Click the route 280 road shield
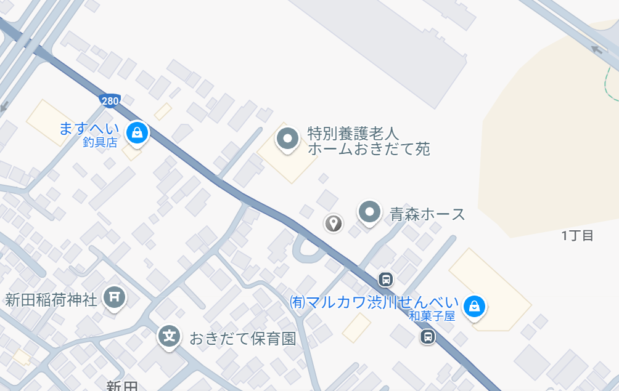[x=110, y=100]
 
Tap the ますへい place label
[x=89, y=129]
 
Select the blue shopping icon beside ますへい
[x=137, y=132]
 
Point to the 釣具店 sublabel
[x=100, y=143]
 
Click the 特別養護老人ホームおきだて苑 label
[x=368, y=141]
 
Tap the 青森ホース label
[x=427, y=214]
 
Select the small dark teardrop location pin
[x=334, y=222]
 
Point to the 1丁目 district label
[x=577, y=235]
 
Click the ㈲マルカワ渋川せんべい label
[x=374, y=302]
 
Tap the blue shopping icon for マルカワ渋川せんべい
[x=474, y=305]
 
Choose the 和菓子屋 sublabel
[x=432, y=316]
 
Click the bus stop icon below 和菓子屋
[x=427, y=336]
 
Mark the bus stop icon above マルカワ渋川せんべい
[x=386, y=279]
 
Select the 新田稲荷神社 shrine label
[x=51, y=300]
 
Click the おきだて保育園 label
[x=243, y=338]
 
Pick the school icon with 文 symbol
[x=170, y=336]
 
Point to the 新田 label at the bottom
[x=122, y=386]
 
